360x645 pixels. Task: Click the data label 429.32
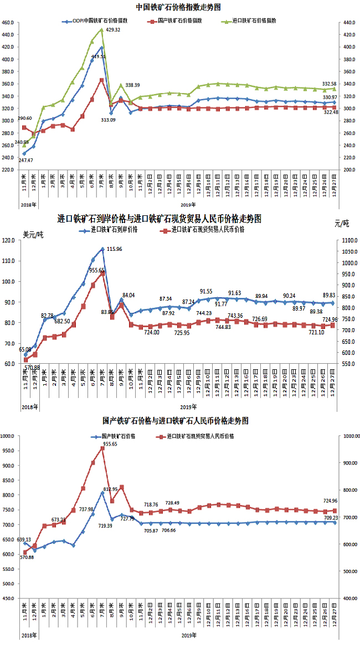click(x=113, y=29)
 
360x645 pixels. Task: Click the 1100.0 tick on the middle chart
click(x=347, y=240)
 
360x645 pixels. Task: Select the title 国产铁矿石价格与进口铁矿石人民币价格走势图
click(x=176, y=421)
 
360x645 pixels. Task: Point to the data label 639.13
click(x=23, y=539)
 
